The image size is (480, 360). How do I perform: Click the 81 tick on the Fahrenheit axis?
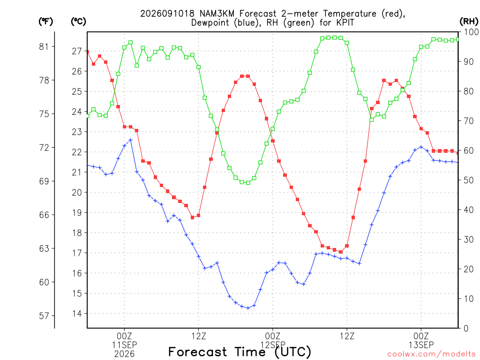[x=44, y=46]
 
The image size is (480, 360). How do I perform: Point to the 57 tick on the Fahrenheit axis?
[x=44, y=315]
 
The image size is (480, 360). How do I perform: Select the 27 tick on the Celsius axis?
[x=77, y=51]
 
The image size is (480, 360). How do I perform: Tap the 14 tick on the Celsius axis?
[x=77, y=314]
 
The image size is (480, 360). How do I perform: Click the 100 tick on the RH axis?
[x=471, y=32]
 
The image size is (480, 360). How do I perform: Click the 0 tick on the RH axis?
[x=466, y=328]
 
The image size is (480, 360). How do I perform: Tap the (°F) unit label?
[x=45, y=22]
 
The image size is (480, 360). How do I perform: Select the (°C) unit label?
[x=78, y=22]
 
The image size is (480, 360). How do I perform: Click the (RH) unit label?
[x=469, y=22]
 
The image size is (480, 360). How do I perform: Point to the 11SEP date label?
[x=124, y=345]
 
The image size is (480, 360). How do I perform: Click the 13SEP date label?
[x=421, y=345]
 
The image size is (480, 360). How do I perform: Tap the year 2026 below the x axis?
[x=124, y=354]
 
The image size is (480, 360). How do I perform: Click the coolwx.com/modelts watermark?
[x=431, y=354]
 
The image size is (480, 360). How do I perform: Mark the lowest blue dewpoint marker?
[x=248, y=308]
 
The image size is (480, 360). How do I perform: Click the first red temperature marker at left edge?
[x=88, y=52]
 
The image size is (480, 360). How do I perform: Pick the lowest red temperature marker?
[x=341, y=252]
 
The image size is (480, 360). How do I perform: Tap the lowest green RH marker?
[x=248, y=183]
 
